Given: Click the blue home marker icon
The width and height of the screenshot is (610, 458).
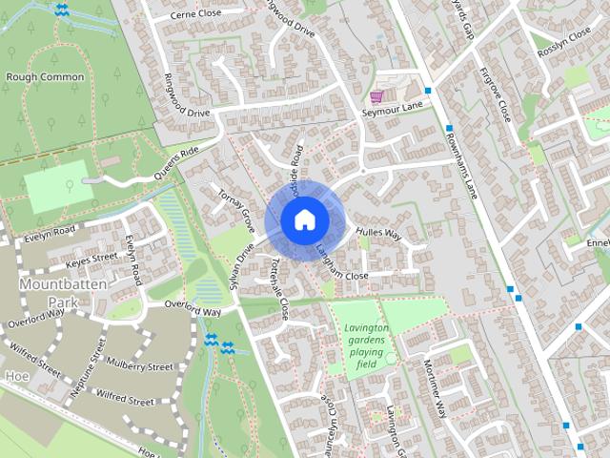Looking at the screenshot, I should [x=303, y=219].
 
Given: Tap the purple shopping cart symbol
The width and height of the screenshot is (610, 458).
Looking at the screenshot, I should [x=376, y=96].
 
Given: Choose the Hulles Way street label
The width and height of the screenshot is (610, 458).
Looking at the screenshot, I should [x=378, y=233].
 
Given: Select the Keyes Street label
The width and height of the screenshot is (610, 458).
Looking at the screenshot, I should [x=91, y=257].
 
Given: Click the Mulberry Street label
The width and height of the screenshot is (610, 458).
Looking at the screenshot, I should [x=141, y=366].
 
